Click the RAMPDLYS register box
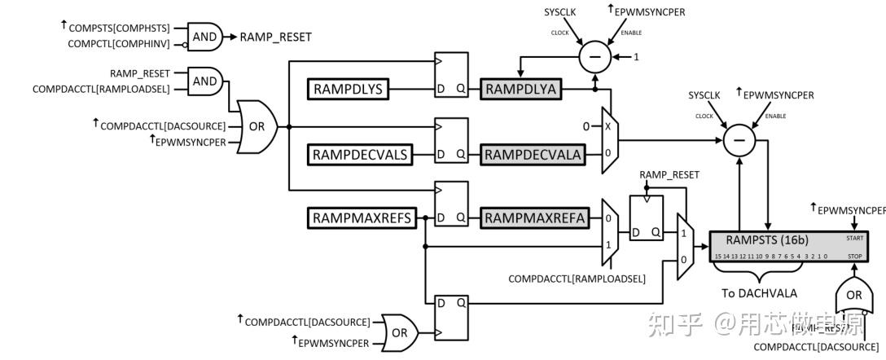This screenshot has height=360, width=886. [x=350, y=88]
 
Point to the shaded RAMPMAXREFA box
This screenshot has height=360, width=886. [x=533, y=218]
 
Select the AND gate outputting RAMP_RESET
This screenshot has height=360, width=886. [x=204, y=36]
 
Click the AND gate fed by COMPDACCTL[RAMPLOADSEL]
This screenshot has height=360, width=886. [x=204, y=81]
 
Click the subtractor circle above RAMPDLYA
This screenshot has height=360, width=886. [x=595, y=57]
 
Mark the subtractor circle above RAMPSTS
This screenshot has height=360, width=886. [x=739, y=141]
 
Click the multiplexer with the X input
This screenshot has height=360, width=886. [x=610, y=139]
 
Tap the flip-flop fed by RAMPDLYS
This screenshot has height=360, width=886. [x=451, y=77]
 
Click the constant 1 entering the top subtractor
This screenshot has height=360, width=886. [x=638, y=57]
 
